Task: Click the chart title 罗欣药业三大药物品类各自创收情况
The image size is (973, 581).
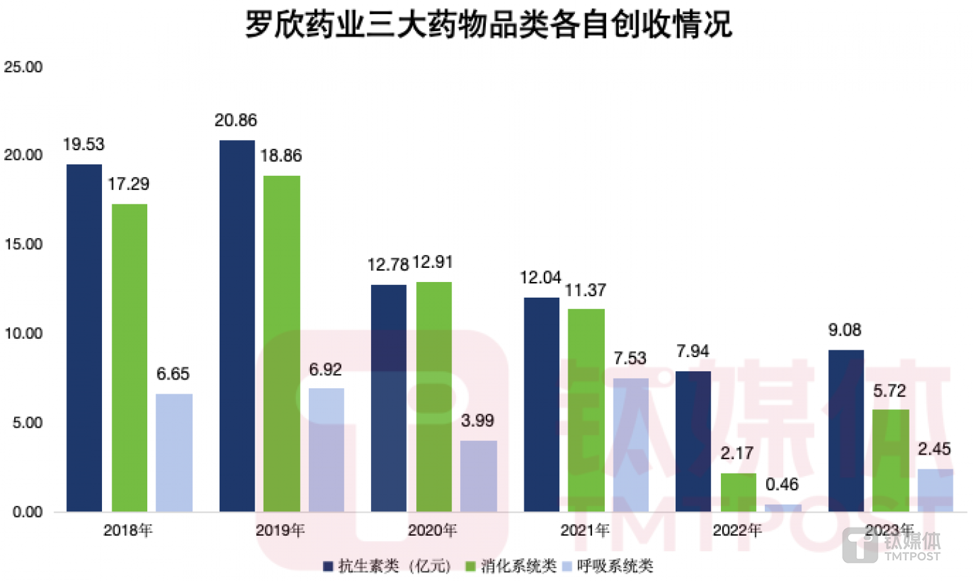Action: tap(488, 24)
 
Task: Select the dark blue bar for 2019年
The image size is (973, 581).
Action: tap(237, 325)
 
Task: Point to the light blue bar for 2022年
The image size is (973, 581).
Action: tap(782, 507)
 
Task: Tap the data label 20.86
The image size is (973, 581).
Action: tap(236, 120)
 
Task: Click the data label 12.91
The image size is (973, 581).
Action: tap(432, 262)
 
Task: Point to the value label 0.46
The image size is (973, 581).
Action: tap(782, 484)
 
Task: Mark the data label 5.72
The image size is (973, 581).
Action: tap(889, 391)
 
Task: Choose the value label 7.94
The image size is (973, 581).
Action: tap(693, 351)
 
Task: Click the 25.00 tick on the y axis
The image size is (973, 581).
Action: tap(23, 67)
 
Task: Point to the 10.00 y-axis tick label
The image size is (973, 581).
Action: tap(23, 333)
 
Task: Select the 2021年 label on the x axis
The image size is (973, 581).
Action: tap(585, 530)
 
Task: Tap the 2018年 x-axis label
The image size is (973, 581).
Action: tap(128, 530)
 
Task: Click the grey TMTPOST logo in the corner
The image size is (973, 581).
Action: tap(891, 545)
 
